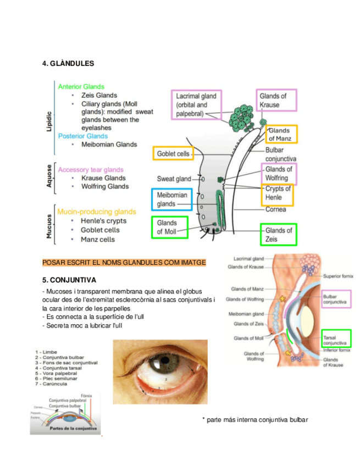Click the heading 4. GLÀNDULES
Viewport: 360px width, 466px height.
pos(68,63)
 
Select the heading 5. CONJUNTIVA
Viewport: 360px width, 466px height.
pos(69,279)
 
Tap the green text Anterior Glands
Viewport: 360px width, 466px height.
pos(81,86)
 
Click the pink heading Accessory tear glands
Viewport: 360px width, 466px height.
pos(91,170)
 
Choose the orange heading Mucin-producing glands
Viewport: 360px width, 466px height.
pos(97,212)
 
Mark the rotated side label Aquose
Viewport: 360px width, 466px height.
pos(49,177)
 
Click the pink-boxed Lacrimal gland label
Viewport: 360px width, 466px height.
pos(196,105)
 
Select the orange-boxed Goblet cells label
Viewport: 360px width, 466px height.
pos(173,154)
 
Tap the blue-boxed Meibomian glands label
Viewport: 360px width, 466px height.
pos(171,199)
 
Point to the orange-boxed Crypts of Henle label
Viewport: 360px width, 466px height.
pos(278,193)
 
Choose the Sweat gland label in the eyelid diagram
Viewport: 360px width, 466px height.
pos(174,179)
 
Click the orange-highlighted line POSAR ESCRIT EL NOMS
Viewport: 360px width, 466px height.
pos(124,263)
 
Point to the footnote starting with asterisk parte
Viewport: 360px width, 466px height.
pos(255,420)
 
